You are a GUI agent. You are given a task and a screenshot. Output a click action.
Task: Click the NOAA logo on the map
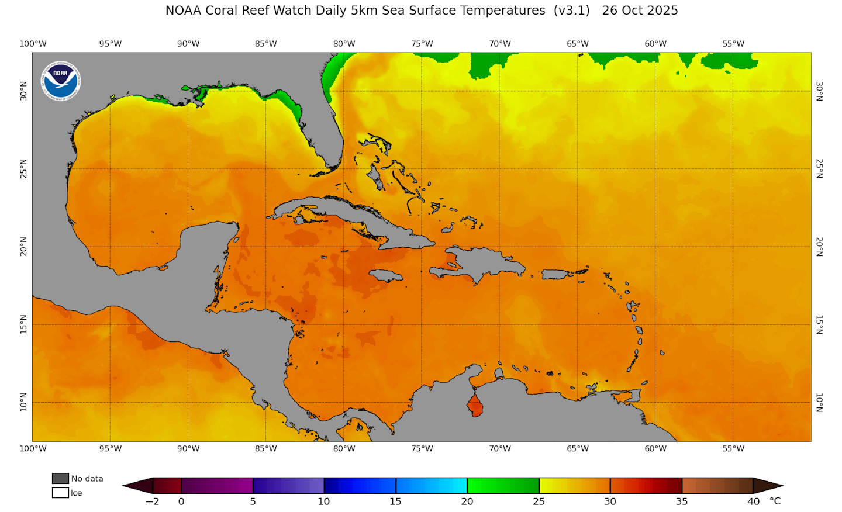(x=61, y=80)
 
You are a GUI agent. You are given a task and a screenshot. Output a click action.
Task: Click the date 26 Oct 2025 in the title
(x=640, y=11)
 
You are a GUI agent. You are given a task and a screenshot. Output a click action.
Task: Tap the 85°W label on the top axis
(x=266, y=44)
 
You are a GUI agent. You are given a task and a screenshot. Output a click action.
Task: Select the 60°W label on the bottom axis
(x=655, y=449)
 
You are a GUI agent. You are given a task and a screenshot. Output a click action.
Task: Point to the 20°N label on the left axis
(x=24, y=247)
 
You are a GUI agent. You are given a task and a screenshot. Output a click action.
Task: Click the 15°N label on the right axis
(x=819, y=324)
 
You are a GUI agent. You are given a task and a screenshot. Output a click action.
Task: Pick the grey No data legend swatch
(x=60, y=479)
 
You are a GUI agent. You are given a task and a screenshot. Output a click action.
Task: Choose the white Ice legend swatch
(x=60, y=493)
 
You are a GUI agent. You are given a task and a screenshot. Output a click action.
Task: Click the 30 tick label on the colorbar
(x=610, y=501)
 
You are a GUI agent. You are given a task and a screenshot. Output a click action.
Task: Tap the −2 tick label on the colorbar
(x=152, y=501)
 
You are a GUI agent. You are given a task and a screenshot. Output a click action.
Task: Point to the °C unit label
(x=775, y=501)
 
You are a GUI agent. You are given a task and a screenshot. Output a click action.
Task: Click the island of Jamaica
(x=386, y=275)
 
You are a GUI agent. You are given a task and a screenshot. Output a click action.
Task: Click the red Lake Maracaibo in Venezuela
(x=475, y=405)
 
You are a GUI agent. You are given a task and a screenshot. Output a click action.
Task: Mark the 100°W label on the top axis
(x=33, y=44)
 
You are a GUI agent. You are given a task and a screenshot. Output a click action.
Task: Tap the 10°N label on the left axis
(x=24, y=402)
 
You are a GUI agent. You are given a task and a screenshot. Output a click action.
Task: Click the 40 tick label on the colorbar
(x=753, y=501)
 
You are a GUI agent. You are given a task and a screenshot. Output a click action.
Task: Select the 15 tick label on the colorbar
(x=395, y=501)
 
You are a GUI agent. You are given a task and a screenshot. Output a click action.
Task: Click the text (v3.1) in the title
(x=572, y=11)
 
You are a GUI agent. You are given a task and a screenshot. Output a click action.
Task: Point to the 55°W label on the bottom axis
(x=733, y=449)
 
